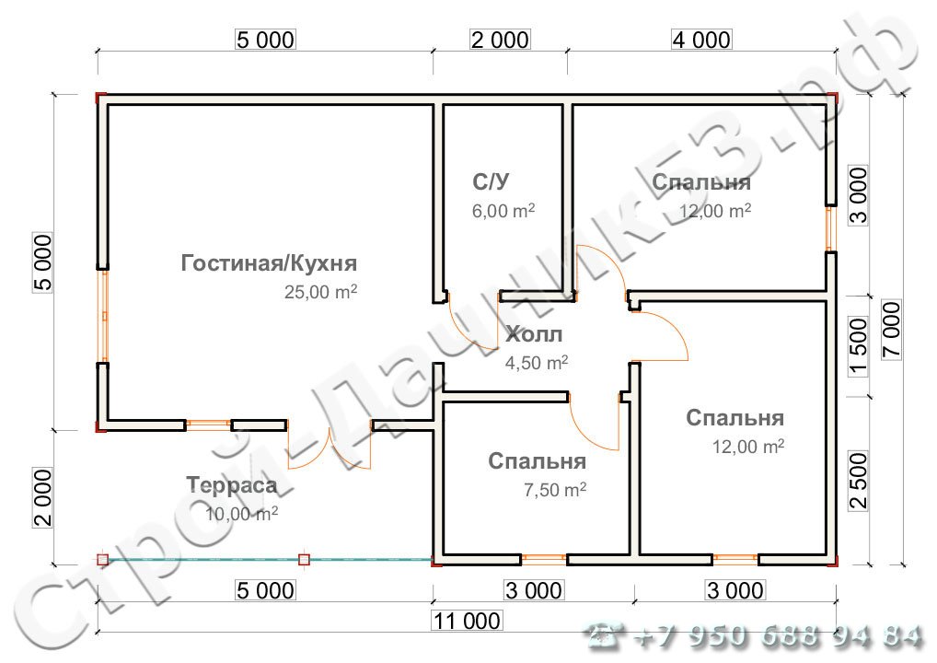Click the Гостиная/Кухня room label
269,263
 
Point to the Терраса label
231,485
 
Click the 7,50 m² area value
555,490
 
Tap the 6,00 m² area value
503,211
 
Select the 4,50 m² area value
537,363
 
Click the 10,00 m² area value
241,514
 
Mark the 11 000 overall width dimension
467,622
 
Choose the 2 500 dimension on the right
859,480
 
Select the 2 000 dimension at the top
500,40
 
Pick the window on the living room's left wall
104,316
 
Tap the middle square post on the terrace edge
305,559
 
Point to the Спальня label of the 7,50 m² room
538,460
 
